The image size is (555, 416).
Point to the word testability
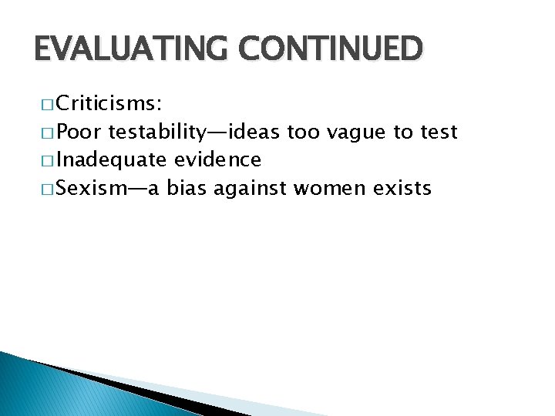pos(156,132)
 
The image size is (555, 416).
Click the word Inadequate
pos(111,159)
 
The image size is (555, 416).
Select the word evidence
pos(217,159)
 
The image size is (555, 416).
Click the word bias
pos(186,188)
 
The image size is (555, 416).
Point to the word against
pos(247,189)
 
